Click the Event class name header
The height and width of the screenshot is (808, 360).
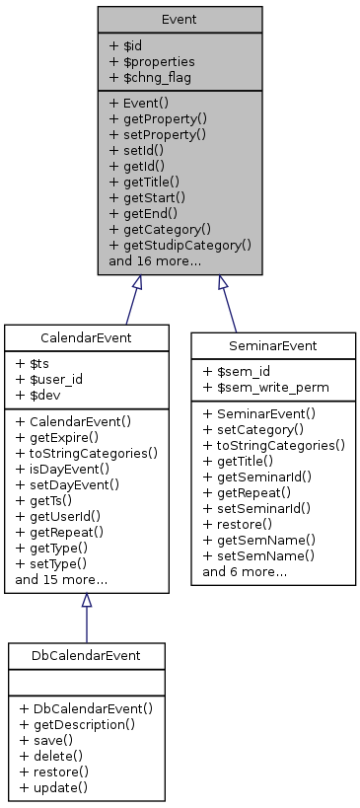click(180, 19)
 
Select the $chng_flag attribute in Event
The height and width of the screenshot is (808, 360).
click(151, 77)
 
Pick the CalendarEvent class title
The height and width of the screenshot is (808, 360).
click(86, 338)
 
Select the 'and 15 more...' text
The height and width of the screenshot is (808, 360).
click(61, 580)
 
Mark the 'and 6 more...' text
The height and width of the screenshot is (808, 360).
click(245, 571)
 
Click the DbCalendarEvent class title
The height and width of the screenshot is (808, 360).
click(86, 656)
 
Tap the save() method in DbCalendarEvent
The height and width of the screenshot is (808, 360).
click(44, 739)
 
